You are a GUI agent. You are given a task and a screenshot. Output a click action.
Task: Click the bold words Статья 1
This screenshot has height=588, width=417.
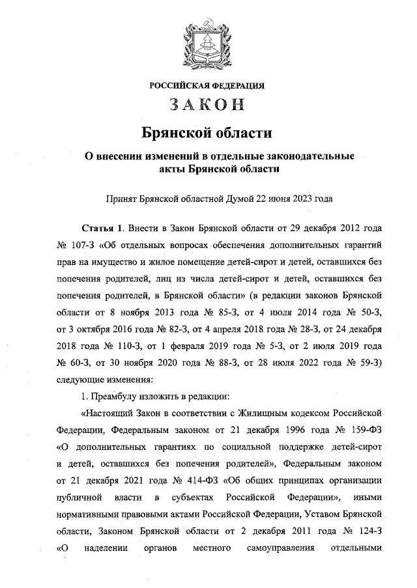(102, 231)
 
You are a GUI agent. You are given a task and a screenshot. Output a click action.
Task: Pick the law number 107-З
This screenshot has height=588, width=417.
(86, 249)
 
